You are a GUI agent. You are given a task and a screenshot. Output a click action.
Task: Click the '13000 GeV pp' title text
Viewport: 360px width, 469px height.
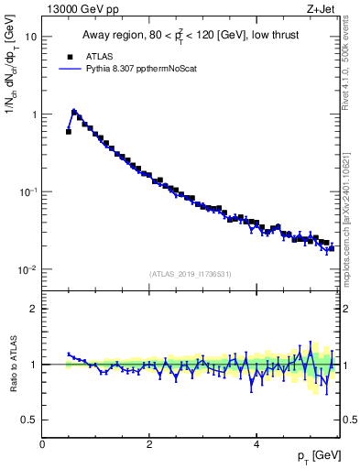pos(76,8)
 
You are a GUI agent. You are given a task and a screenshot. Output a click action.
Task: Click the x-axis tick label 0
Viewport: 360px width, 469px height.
pos(42,445)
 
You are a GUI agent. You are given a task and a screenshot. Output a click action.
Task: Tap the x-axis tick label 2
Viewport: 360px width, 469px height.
pos(149,445)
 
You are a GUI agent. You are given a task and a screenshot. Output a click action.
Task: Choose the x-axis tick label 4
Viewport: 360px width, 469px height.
pos(256,445)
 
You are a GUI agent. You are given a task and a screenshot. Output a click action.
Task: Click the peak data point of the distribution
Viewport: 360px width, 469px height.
pos(74,113)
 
